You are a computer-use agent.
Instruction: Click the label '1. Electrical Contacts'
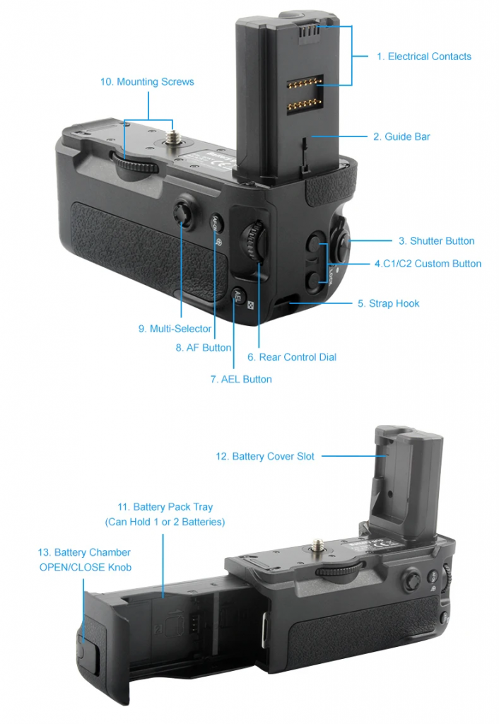point(423,57)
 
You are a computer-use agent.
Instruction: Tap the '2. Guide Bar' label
point(401,136)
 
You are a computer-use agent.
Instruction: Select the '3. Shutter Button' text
point(436,241)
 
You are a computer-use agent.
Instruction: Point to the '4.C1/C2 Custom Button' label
point(428,264)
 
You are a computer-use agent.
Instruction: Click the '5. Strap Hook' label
point(388,303)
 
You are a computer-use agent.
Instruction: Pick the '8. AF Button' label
point(203,347)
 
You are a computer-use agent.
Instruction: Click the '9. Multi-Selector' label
point(175,329)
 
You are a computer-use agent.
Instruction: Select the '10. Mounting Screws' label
point(147,82)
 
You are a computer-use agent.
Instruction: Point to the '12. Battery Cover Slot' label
point(265,457)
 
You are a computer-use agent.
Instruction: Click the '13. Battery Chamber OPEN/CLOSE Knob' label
point(85,559)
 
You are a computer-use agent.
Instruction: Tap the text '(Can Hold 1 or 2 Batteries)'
point(165,522)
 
